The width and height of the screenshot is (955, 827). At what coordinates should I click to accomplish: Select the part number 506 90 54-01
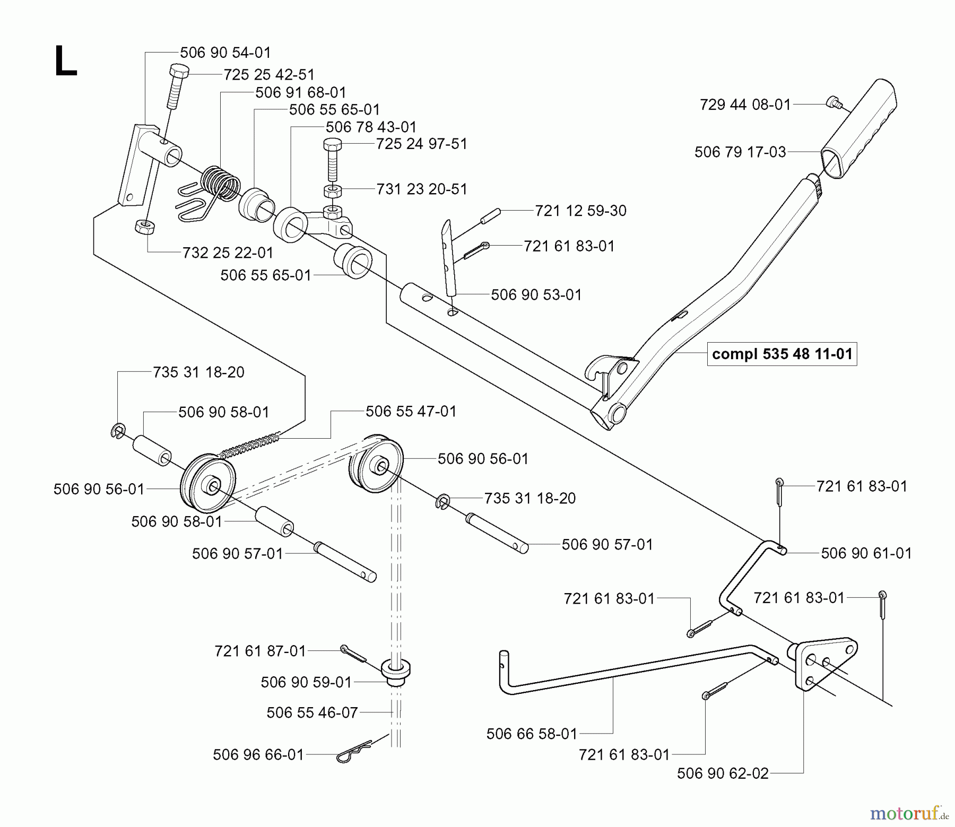225,53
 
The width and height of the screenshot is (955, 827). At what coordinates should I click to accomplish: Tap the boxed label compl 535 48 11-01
782,353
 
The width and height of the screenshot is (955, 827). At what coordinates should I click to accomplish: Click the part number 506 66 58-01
532,734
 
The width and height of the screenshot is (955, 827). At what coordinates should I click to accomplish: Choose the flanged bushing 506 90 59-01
397,672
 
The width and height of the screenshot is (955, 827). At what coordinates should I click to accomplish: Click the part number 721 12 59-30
581,211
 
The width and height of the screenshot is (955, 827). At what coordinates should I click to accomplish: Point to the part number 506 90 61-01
866,553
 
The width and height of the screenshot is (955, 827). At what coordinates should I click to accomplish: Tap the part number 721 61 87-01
261,651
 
